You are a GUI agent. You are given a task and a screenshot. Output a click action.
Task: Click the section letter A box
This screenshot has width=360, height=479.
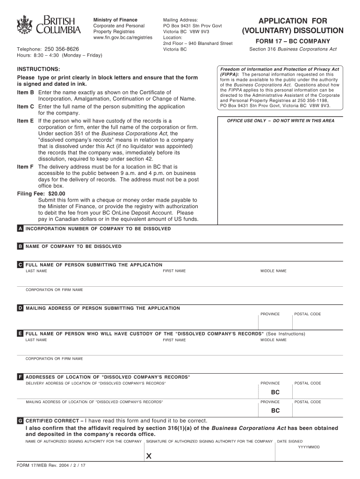[x=20, y=229]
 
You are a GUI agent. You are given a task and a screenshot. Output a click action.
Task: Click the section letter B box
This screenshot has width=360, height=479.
[x=20, y=246]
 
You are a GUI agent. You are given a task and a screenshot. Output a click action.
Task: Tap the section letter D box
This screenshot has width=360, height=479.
[x=20, y=308]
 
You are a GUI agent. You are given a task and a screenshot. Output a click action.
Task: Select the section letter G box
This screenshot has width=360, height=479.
[x=20, y=421]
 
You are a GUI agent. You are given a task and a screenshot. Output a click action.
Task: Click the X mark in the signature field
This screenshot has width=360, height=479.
[x=149, y=457]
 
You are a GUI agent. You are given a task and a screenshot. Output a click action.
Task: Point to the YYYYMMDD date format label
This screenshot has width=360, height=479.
[x=309, y=447]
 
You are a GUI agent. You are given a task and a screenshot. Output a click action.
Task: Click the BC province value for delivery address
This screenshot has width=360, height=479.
[x=275, y=392]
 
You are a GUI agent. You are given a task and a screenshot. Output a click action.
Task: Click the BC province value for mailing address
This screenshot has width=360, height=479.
[x=275, y=411]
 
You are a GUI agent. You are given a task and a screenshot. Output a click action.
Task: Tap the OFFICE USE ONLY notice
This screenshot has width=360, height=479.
[x=281, y=121]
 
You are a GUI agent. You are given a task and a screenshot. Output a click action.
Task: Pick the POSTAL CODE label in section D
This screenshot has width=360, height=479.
[x=308, y=314]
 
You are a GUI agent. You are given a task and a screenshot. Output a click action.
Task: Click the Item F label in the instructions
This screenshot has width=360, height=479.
[x=25, y=167]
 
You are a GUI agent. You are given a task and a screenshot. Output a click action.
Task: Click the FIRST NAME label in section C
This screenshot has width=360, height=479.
[x=174, y=271]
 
